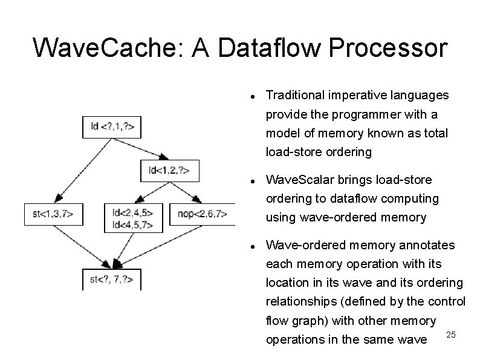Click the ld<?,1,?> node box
[112, 126]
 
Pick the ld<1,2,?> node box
[169, 170]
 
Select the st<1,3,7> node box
[53, 214]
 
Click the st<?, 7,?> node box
[111, 279]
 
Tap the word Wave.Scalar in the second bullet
[294, 180]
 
